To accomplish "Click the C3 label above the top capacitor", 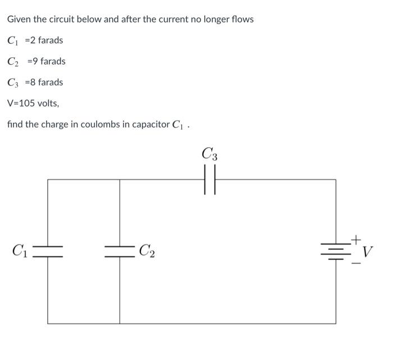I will pos(209,153).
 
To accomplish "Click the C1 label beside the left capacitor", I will pos(20,250).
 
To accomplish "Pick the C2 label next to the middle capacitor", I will pos(147,251).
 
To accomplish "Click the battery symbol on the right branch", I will pos(336,249).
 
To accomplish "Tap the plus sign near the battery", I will pos(354,239).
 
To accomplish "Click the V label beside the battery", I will pos(368,250).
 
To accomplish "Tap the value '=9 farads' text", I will pos(47,61).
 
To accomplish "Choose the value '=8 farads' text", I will pos(45,82).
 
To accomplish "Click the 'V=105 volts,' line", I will pos(33,103).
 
